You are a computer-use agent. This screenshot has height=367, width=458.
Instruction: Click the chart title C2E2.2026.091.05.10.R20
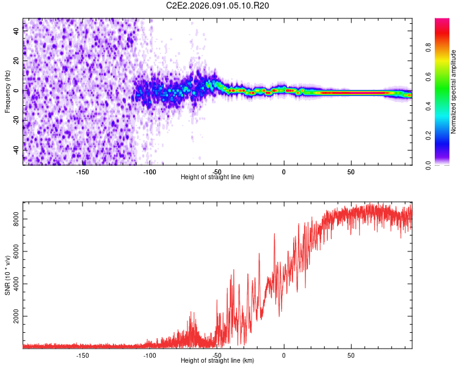218,6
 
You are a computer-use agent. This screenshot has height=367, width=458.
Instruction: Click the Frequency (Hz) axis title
7,92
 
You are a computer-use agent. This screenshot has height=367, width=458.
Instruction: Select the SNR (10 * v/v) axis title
7,276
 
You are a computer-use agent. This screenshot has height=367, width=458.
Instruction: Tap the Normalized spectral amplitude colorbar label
453,92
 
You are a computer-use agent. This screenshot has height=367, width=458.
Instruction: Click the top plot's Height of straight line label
217,177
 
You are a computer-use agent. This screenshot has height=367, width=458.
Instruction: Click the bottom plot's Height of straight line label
217,361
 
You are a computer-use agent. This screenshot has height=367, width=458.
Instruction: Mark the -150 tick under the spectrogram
82,172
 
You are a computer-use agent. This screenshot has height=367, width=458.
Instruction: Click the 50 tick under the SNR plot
351,355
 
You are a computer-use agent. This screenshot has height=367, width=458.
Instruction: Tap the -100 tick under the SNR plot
150,355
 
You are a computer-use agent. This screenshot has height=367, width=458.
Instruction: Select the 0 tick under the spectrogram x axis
283,172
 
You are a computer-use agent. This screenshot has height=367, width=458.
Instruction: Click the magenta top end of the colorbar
442,21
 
